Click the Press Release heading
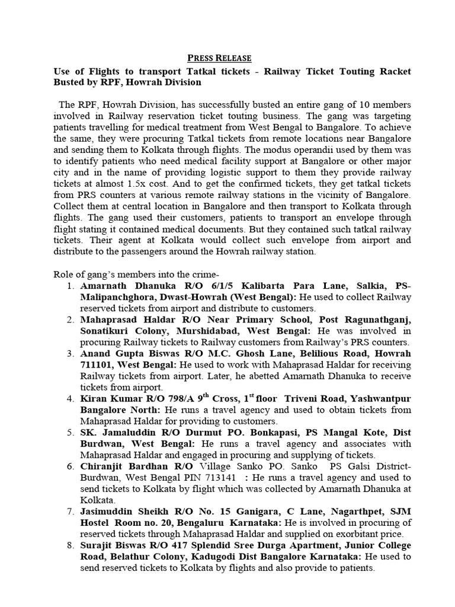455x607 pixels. [219, 57]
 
